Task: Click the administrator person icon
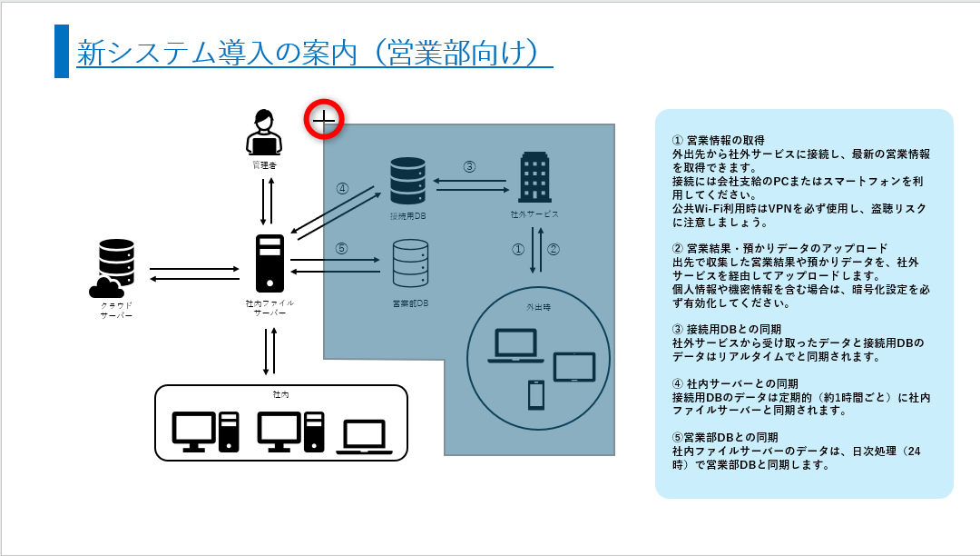pos(263,133)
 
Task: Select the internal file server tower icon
pos(269,263)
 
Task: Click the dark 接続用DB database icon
pos(407,181)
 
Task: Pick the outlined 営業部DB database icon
pos(409,263)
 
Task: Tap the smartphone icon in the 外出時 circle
pos(535,394)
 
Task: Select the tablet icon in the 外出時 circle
pos(574,366)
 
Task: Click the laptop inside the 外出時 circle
pos(515,346)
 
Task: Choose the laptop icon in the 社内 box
pos(365,436)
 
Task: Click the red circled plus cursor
pos(324,118)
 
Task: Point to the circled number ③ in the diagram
pos(469,166)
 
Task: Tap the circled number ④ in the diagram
pos(342,189)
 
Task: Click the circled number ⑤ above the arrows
pos(341,248)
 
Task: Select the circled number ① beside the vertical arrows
pos(518,248)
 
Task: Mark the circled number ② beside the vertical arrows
pos(553,248)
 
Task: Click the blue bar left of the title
pos(62,52)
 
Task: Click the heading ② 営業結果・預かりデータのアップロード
pos(779,248)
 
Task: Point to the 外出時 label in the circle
pos(538,307)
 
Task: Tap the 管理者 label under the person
pos(263,166)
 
